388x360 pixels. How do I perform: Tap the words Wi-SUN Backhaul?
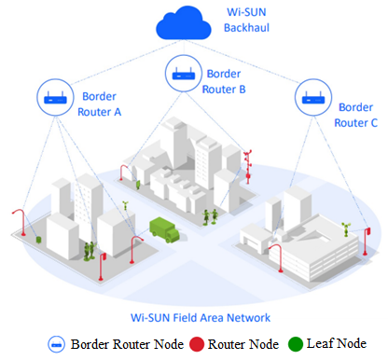pos(246,21)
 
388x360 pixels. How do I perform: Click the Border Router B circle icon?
pos(183,72)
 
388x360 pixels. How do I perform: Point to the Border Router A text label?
pos(102,103)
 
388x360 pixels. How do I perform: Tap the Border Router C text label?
pos(354,114)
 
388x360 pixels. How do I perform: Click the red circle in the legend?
pos(198,343)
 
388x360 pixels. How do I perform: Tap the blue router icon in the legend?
pos(56,343)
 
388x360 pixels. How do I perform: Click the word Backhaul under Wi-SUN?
pos(246,29)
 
